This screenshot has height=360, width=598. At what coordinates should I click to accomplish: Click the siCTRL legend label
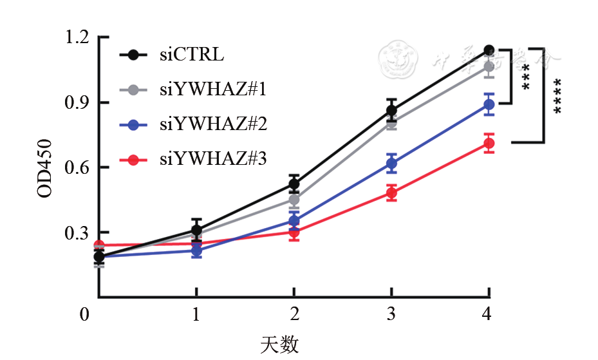pos(192,55)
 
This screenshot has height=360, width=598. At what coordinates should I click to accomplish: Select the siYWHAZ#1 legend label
pos(212,90)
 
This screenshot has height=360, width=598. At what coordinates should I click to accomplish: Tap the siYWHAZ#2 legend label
pos(212,125)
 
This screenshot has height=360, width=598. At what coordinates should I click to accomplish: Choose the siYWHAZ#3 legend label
pos(212,160)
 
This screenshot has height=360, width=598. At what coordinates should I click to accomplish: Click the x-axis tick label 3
pos(391,315)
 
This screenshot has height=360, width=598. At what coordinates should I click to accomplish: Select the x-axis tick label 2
pos(294,315)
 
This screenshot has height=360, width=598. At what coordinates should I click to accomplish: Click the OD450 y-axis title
pos(44,167)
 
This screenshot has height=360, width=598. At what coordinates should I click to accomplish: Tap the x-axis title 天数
pos(279,345)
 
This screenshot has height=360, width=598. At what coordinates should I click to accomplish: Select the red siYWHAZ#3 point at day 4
pos(489,144)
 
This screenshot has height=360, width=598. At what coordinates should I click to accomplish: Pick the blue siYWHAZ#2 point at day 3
pos(391,164)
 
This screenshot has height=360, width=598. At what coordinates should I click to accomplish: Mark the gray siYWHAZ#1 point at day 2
pos(294,200)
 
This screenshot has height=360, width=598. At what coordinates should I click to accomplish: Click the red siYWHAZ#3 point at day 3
pos(391,193)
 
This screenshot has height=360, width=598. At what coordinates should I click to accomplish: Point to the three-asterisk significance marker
pos(527,76)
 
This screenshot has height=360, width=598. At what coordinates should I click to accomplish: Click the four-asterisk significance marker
pos(557,96)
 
